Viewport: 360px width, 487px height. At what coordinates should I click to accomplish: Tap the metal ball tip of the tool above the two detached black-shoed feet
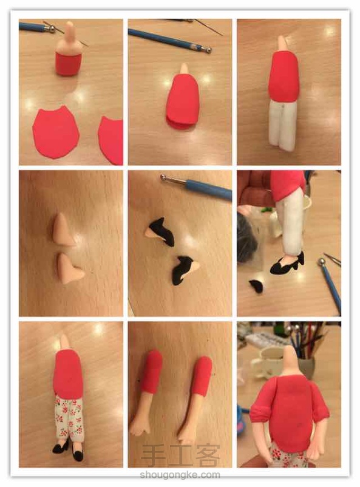tap(164, 178)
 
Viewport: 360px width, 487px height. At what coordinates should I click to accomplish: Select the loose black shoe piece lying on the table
tap(256, 287)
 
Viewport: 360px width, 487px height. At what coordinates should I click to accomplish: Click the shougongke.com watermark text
tap(180, 475)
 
